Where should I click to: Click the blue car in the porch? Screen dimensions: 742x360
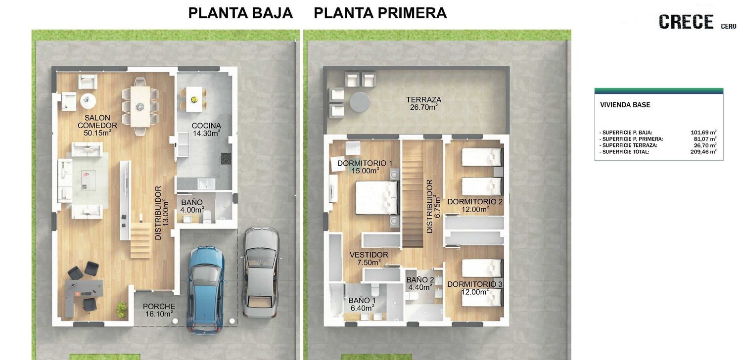206,290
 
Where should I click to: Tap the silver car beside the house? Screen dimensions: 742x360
261,272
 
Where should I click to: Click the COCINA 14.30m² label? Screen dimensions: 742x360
206,130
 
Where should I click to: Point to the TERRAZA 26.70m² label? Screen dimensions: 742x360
423,103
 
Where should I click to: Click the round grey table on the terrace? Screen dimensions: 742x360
360,102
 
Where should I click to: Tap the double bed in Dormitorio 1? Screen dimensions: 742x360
376,198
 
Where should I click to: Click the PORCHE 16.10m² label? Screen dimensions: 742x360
159,310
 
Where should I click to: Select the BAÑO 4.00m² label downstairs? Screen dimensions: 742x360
192,206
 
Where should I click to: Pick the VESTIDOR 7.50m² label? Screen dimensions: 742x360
369,259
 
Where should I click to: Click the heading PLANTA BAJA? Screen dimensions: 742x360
240,13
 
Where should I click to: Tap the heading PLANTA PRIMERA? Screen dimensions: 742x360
380,13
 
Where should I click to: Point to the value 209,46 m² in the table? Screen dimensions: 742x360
703,152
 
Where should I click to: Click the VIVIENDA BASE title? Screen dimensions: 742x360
625,105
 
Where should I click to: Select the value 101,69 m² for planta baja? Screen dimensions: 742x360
703,133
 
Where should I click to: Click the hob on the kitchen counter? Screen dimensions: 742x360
226,159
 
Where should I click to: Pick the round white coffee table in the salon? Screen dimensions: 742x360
88,100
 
